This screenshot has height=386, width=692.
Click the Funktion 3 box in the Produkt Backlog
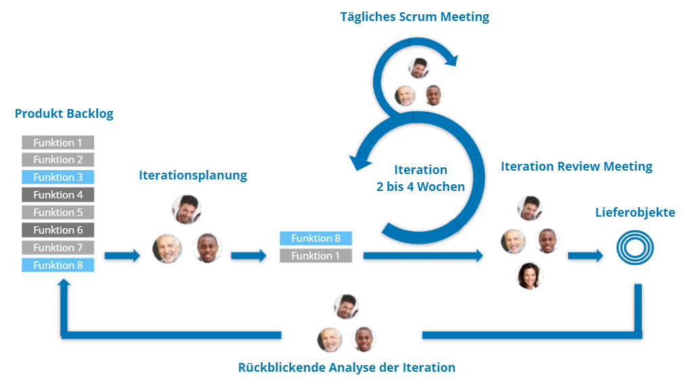pyautogui.click(x=58, y=177)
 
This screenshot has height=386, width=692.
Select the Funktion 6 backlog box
pyautogui.click(x=58, y=230)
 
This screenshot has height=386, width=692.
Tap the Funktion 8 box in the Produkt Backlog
pyautogui.click(x=58, y=265)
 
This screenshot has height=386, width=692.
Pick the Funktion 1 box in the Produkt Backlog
pyautogui.click(x=58, y=142)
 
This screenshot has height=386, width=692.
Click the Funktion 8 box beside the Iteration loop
pyautogui.click(x=316, y=238)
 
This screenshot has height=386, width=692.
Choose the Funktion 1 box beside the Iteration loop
pyautogui.click(x=316, y=256)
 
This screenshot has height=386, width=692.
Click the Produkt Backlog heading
pyautogui.click(x=64, y=114)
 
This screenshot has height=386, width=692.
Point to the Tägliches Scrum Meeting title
pyautogui.click(x=414, y=17)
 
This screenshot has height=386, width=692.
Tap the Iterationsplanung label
pyautogui.click(x=193, y=175)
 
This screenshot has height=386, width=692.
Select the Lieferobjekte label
pyautogui.click(x=634, y=213)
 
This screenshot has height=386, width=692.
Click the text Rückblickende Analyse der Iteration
pyautogui.click(x=347, y=368)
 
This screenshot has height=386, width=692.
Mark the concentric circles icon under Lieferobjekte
pyautogui.click(x=634, y=249)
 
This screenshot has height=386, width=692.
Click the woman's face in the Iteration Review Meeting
pyautogui.click(x=529, y=276)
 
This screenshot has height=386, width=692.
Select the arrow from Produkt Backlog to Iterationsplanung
pyautogui.click(x=122, y=256)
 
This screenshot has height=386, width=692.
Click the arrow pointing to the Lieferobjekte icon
pyautogui.click(x=585, y=256)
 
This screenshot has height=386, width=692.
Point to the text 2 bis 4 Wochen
pyautogui.click(x=420, y=187)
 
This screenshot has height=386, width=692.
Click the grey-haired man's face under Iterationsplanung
pyautogui.click(x=167, y=249)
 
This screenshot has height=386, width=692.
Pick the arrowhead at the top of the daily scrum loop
pyautogui.click(x=450, y=61)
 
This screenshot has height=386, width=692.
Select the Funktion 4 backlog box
pyautogui.click(x=58, y=195)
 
